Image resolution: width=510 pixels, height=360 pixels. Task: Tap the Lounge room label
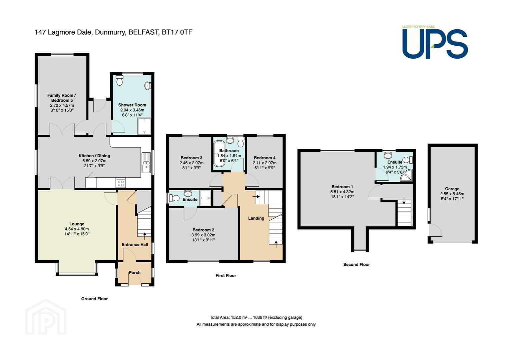(77, 224)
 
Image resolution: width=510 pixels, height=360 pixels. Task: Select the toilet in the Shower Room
(119, 80)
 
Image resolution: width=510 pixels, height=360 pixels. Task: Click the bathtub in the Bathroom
(219, 154)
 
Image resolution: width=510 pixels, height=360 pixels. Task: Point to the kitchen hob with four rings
(121, 183)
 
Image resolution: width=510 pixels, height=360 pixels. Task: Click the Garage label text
(452, 189)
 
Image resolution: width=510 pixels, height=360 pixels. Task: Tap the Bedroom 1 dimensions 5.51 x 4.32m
(342, 192)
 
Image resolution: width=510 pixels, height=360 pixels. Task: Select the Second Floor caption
(357, 264)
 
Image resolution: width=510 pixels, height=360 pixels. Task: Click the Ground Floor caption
(94, 299)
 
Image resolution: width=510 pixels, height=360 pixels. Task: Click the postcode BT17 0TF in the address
(177, 32)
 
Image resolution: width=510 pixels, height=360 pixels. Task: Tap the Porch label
(134, 273)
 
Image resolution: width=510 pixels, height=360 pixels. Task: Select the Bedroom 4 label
(265, 158)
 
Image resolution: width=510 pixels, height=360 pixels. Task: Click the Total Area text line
(256, 317)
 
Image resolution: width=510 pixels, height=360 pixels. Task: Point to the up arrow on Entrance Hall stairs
(144, 236)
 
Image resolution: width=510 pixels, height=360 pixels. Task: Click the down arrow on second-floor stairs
(404, 201)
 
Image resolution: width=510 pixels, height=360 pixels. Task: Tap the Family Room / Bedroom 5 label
(62, 98)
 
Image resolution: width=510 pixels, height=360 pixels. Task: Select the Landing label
(256, 218)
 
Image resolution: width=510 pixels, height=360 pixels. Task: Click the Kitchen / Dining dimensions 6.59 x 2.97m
(94, 161)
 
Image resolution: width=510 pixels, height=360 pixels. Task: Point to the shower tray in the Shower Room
(144, 126)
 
